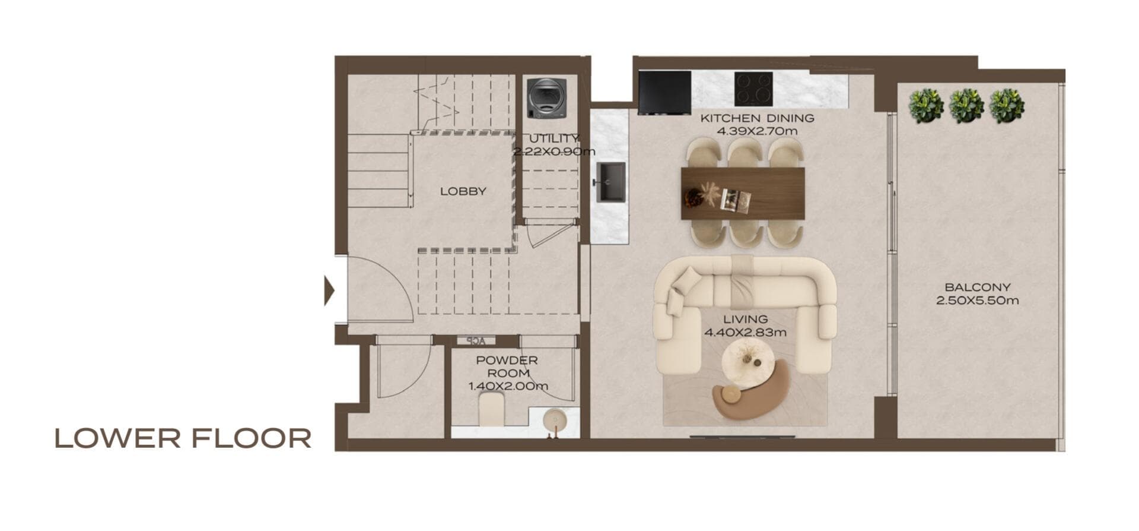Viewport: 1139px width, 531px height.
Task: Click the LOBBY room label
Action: coord(463,191)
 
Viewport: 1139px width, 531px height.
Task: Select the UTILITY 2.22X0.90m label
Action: coord(553,145)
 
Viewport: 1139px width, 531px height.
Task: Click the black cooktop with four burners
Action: coord(753,89)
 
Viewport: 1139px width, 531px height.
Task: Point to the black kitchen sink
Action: coord(610,182)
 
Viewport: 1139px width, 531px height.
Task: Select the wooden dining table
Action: coord(743,193)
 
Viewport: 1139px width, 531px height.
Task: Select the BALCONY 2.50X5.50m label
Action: coord(977,294)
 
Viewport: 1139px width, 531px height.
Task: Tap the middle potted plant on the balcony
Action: coord(966,106)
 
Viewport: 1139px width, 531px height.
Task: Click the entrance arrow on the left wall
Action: coord(329,291)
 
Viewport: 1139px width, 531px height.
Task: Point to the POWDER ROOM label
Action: coord(507,366)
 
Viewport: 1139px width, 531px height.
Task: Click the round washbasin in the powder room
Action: coord(555,421)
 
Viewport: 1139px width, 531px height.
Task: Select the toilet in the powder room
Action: coord(491,410)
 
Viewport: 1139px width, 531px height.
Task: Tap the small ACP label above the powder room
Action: coord(476,341)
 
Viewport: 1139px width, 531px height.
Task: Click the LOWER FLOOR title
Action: coord(183,438)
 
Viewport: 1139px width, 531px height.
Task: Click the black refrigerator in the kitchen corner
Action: coord(664,92)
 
